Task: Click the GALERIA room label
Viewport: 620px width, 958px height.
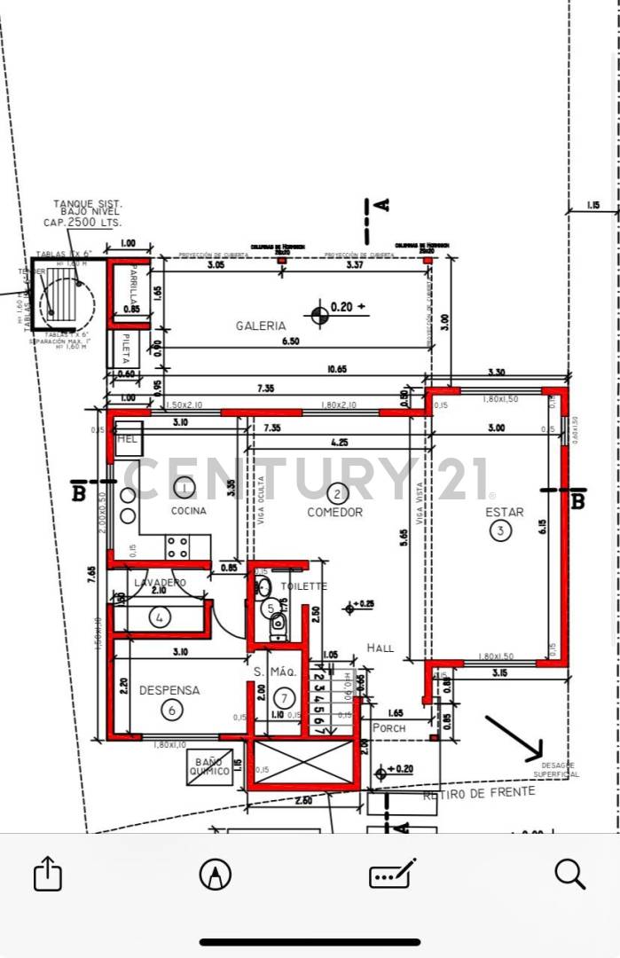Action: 261,326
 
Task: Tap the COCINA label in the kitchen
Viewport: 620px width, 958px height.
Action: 188,511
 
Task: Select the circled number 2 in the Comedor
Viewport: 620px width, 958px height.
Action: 336,493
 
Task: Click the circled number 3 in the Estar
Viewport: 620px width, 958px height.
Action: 502,530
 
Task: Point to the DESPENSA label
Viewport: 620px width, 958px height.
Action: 169,690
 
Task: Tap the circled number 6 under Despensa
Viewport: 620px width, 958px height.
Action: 171,710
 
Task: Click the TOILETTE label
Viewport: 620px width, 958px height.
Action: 303,586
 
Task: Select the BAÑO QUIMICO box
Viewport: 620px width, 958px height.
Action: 209,766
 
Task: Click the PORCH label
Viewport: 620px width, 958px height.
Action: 388,728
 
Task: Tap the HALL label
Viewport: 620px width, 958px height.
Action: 380,648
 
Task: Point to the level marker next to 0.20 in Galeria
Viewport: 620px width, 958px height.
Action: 318,313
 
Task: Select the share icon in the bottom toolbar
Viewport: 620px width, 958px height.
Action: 48,875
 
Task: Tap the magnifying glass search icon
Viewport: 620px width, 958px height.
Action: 569,875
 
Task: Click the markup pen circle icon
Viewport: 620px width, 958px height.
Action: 216,875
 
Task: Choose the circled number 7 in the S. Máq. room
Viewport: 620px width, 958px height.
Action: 283,697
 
